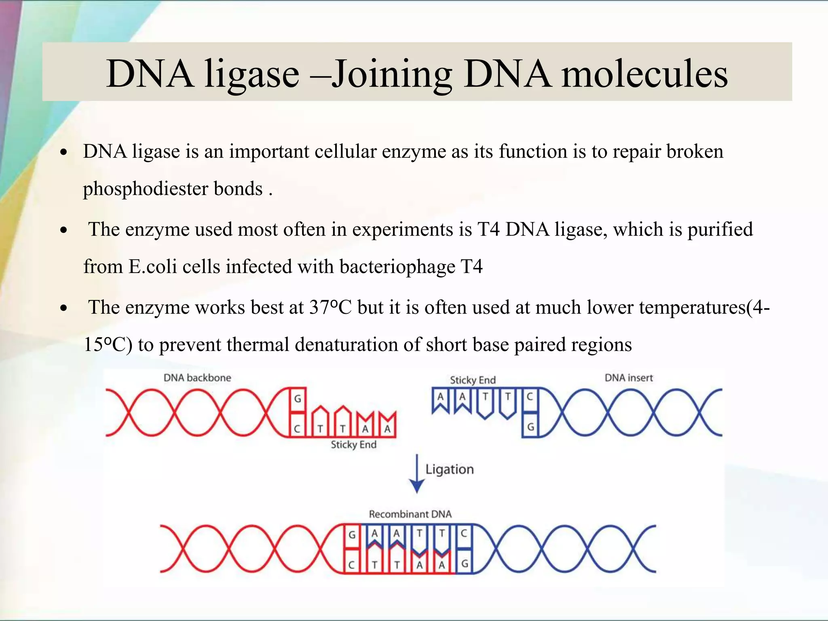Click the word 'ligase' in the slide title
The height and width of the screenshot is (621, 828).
point(251,74)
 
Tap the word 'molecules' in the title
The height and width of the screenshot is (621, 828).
point(644,74)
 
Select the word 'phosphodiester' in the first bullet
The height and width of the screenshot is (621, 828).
point(146,189)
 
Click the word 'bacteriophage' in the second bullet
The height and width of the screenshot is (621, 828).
point(397,267)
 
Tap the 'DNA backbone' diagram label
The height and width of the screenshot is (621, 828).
point(197,378)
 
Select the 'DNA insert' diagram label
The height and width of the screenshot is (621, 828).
point(629,378)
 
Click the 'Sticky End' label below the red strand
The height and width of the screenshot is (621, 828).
point(353,445)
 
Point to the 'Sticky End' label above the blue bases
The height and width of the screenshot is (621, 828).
point(473,380)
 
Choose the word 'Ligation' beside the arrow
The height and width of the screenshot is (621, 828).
point(449,469)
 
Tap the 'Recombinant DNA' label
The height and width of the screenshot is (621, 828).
point(410,514)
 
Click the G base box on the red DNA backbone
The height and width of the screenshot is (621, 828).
point(298,399)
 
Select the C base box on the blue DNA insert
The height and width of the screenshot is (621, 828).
point(530,397)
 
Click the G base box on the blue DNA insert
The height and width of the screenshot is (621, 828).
point(530,427)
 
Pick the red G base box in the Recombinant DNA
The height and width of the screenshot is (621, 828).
point(352,535)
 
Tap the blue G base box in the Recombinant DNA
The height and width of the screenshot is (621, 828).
point(465,563)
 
